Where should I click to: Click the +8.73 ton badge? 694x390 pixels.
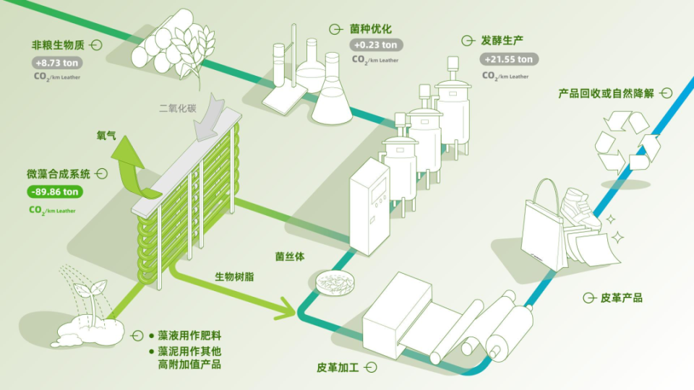point(57,63)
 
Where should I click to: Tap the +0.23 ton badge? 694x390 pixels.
point(376,45)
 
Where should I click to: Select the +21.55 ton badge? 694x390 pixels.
point(509,59)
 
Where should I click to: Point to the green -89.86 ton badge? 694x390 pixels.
point(55,192)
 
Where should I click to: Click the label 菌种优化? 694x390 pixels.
point(371,29)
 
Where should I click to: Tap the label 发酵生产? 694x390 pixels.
point(502,40)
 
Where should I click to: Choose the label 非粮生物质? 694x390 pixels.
point(58,45)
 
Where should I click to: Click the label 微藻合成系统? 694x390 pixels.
point(59,174)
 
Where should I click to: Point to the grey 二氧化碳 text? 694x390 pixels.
point(178,108)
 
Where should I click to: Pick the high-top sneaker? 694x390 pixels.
point(581,209)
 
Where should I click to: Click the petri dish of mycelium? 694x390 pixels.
point(335,282)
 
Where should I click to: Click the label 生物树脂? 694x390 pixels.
point(234,277)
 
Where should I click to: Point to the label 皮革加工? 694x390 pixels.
point(338,368)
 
